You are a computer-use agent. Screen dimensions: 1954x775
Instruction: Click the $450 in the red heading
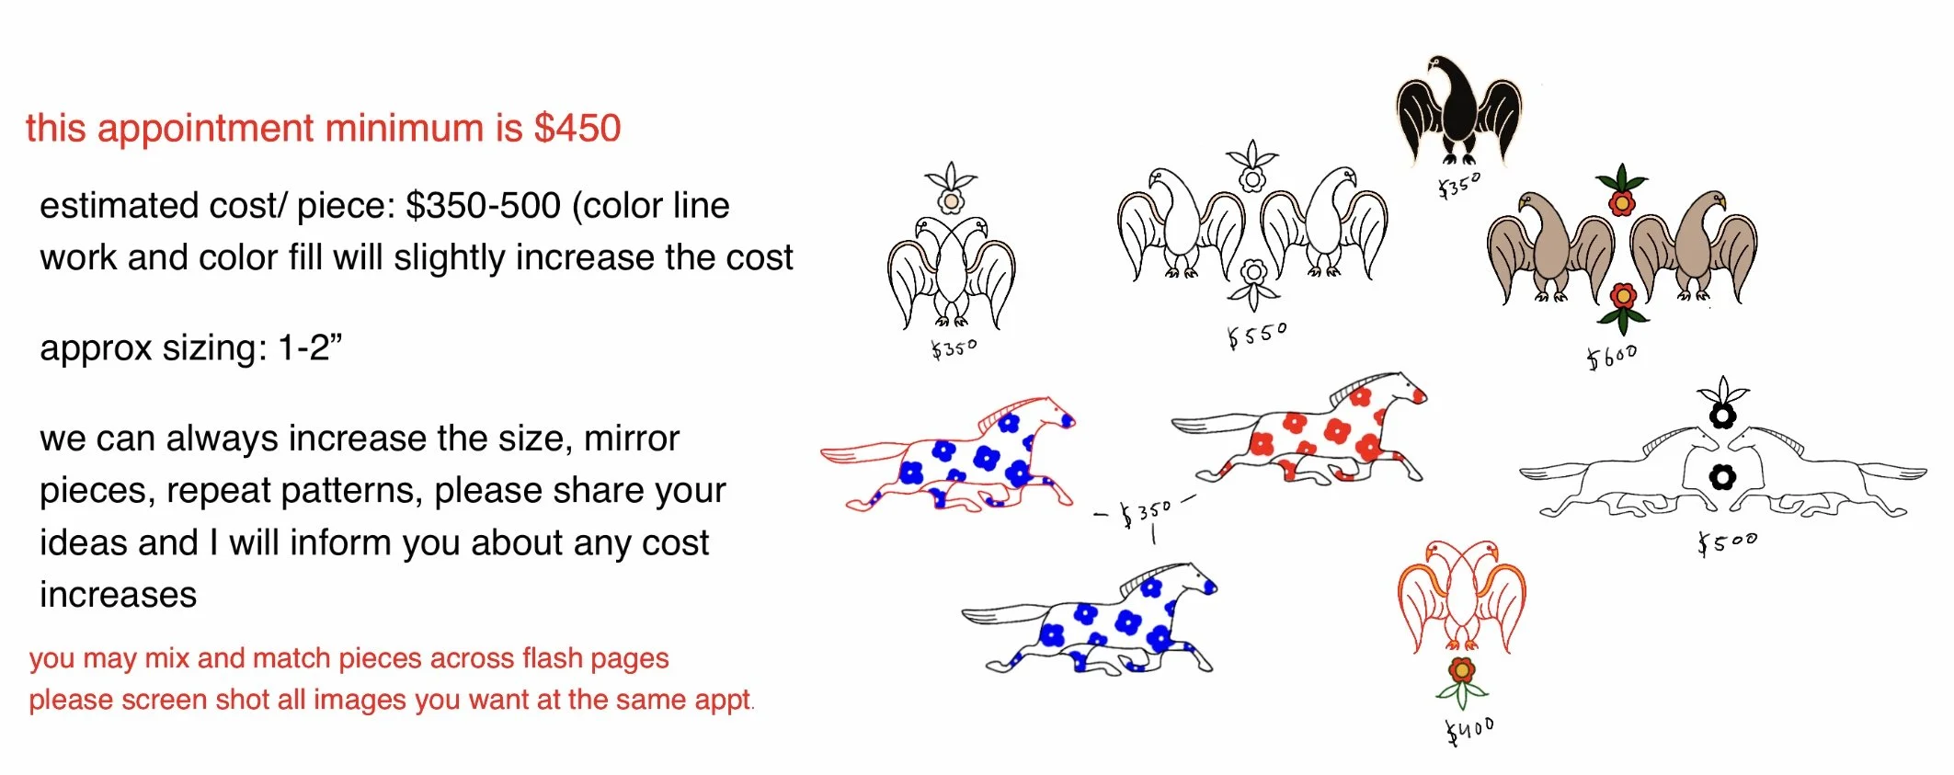(577, 129)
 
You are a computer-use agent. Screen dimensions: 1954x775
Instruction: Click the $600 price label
(1611, 356)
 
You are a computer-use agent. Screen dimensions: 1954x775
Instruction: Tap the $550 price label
(1257, 335)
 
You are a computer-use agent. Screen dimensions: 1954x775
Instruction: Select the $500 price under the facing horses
(1727, 542)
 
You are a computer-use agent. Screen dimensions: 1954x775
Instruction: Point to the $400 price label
(1469, 730)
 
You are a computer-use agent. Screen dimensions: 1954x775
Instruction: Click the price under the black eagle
(1459, 186)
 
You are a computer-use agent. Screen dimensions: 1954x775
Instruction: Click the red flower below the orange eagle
(1461, 670)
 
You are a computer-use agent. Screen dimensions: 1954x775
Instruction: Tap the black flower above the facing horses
(1721, 416)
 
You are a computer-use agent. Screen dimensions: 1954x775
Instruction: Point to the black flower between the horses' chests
(1721, 477)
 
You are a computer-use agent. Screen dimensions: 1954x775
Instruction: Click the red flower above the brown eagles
(1621, 202)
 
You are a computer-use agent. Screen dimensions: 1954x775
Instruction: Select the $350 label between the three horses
(1145, 512)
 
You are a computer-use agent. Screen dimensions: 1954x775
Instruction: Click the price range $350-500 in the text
(483, 206)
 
